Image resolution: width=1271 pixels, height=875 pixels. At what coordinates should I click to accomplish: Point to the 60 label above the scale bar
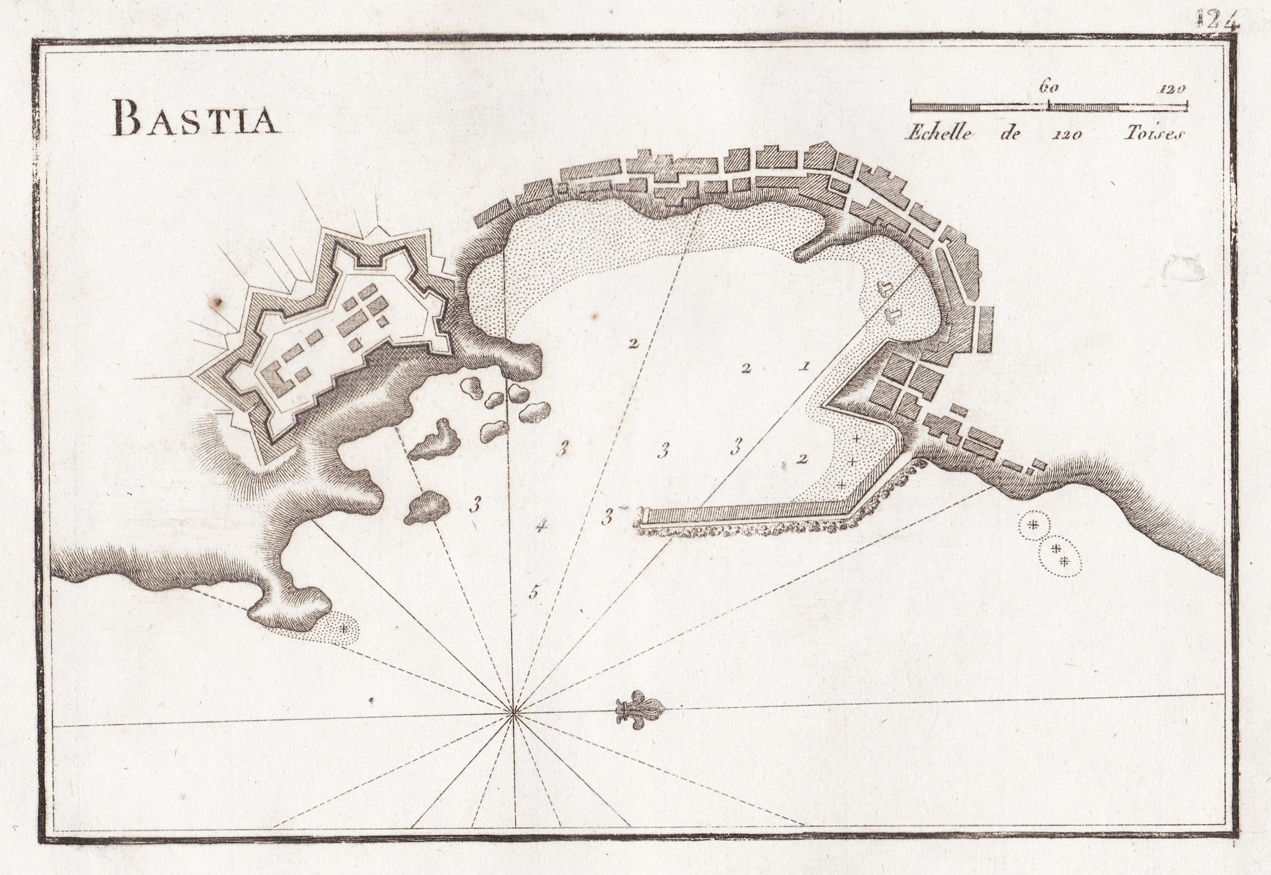coord(1048,88)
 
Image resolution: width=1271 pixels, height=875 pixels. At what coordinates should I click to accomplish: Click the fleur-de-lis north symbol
coord(639,713)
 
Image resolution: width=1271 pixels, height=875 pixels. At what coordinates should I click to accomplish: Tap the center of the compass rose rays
coord(512,713)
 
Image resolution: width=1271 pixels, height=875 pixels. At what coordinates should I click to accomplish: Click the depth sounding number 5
coord(534,592)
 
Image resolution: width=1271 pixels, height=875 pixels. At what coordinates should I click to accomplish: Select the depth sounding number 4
coord(541,527)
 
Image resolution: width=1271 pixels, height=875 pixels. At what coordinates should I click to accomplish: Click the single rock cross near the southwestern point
coord(343,629)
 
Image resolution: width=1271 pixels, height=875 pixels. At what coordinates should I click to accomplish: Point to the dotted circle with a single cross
coord(1033,524)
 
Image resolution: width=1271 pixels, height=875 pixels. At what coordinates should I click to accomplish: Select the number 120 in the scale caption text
coord(1067,134)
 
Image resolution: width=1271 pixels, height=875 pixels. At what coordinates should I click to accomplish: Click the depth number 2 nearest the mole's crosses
coord(803,459)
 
